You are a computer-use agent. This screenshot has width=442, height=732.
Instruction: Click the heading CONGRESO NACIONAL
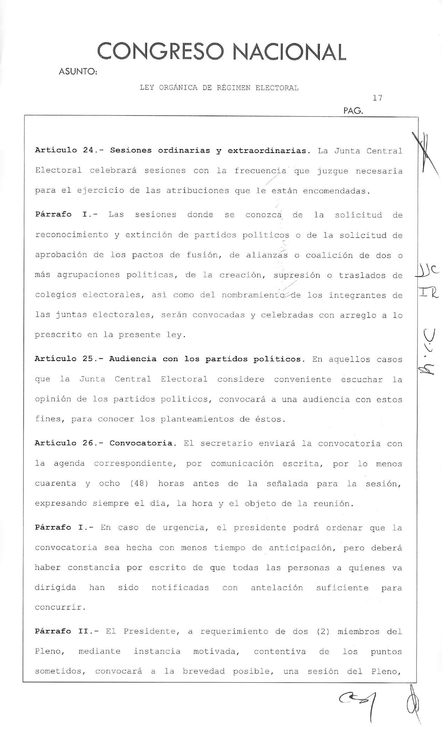coord(221,52)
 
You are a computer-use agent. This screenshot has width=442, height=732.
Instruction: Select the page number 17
coord(377,98)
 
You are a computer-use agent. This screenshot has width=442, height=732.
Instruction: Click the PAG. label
coord(353,111)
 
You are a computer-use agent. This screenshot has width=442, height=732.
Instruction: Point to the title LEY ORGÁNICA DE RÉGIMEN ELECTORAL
coord(219,88)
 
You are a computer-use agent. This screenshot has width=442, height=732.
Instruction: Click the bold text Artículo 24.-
coord(67,151)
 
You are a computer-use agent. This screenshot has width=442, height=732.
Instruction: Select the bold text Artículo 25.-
coord(67,359)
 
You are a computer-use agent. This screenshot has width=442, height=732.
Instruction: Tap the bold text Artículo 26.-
coord(67,443)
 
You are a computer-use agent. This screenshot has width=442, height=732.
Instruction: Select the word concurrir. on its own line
coord(60,607)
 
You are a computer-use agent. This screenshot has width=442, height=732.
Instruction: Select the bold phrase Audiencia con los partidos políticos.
coord(205,359)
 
